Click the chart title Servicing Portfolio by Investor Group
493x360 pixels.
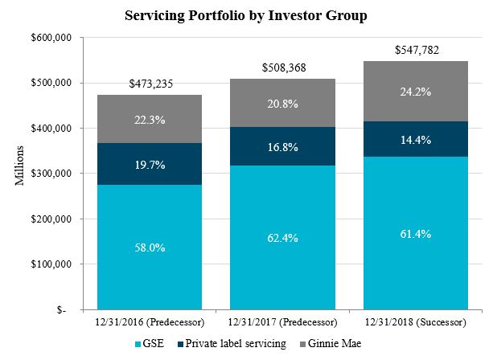click(246, 16)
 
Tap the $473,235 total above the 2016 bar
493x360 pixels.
click(150, 84)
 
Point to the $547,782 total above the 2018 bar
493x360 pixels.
click(416, 51)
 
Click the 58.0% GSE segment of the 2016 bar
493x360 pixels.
click(150, 247)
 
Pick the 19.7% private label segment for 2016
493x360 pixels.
click(150, 165)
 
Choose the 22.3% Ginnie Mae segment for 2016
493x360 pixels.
click(150, 119)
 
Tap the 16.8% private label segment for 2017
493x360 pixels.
click(282, 147)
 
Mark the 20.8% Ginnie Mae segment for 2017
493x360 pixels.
click(282, 103)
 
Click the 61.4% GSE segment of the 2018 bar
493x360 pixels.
click(416, 234)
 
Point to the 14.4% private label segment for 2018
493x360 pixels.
click(416, 139)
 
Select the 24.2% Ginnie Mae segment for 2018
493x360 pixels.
click(416, 91)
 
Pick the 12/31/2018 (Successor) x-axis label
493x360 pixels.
click(416, 321)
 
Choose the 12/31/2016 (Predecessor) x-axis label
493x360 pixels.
click(150, 321)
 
